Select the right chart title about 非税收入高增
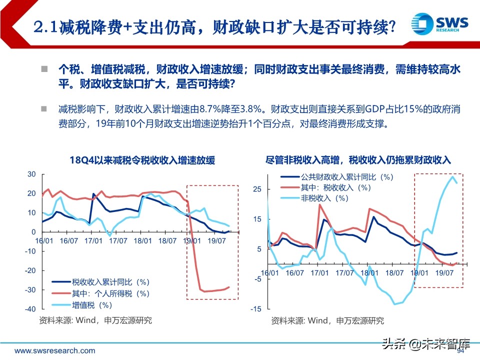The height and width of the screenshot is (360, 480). coord(358,160)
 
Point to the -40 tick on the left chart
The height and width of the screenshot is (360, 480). coord(31,309)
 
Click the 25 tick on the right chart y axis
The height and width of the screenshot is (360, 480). coord(257,189)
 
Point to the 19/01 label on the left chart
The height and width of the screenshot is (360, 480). coord(192,241)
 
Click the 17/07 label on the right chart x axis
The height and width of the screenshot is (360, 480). coord(344,273)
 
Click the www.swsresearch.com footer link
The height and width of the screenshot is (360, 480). coord(54,350)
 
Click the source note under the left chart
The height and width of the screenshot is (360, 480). coord(95,320)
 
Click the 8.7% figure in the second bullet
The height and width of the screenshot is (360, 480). coord(210,109)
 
